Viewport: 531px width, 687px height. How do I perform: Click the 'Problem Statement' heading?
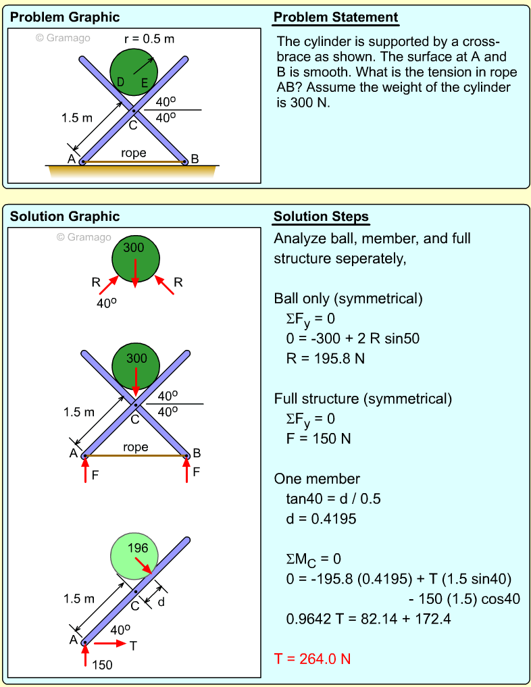point(336,18)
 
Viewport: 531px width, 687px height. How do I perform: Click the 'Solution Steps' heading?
point(321,217)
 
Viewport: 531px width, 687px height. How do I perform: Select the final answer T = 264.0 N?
point(312,659)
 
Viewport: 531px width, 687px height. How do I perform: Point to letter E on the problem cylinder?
point(144,83)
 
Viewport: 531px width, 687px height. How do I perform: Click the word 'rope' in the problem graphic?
point(134,153)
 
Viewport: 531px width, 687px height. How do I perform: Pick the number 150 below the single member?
point(103,665)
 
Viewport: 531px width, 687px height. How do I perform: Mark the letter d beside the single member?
point(161,602)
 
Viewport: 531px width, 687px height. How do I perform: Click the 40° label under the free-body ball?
point(106,304)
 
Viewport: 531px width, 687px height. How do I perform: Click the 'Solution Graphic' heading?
point(65,217)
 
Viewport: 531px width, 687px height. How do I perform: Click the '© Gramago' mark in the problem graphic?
point(62,38)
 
